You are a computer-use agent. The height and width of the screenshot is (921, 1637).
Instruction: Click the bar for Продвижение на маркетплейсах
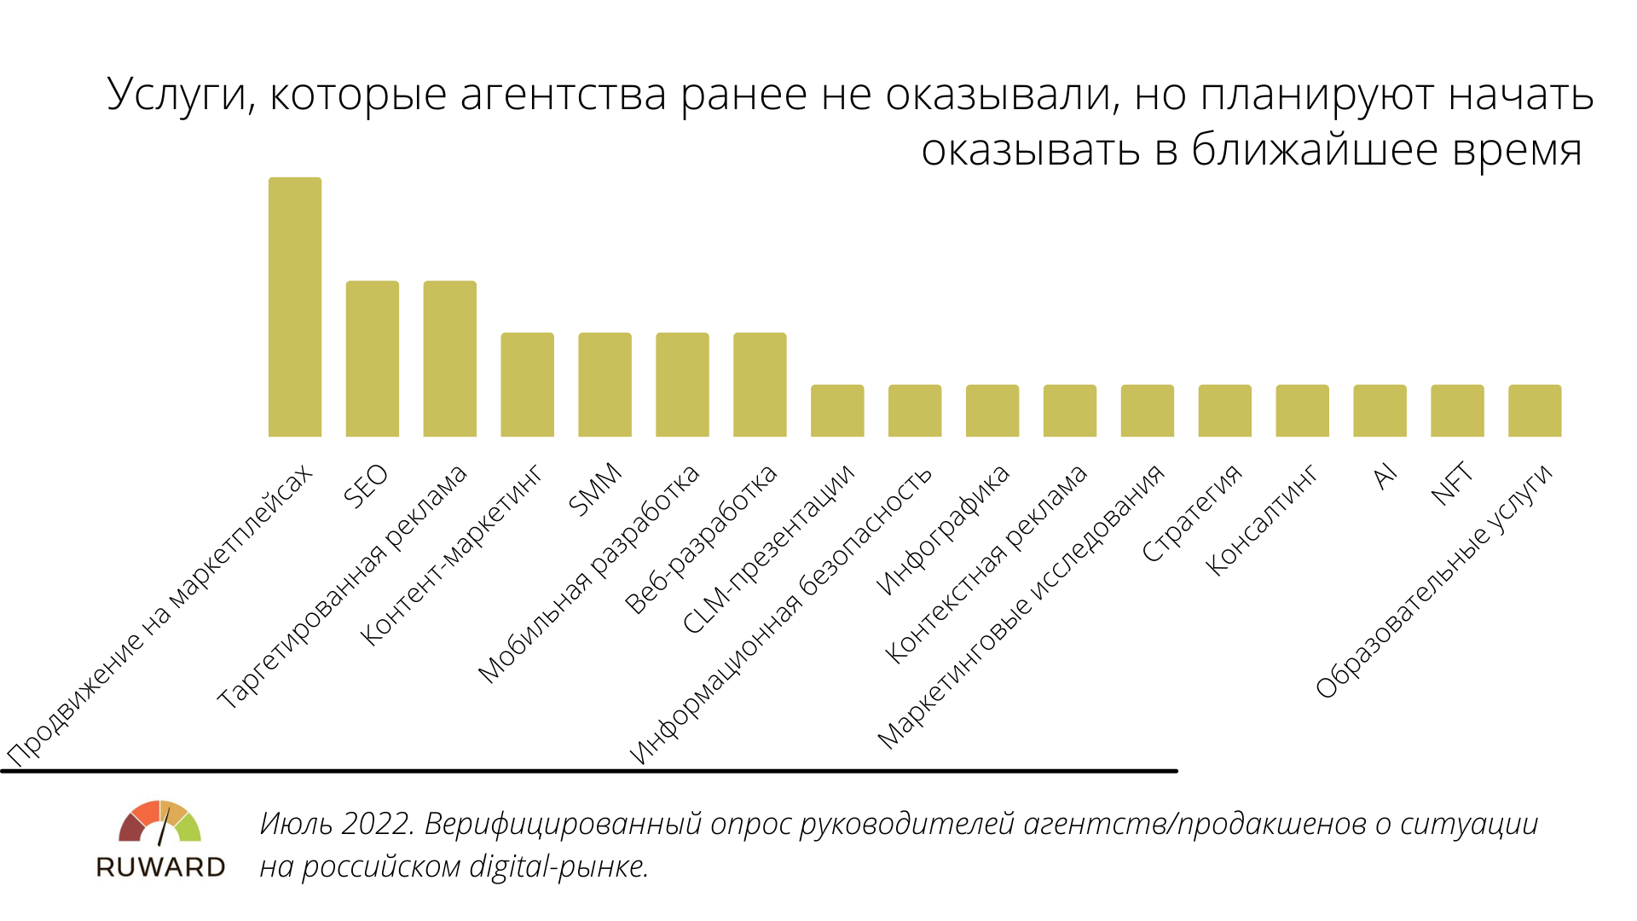295,307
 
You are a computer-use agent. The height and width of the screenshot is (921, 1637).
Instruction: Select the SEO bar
372,359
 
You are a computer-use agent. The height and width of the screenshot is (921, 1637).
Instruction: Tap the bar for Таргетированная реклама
449,359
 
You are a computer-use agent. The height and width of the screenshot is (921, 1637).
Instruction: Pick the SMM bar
604,385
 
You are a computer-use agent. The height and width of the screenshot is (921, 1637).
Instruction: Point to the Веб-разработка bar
760,385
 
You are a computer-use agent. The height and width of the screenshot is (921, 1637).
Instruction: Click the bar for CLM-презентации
837,411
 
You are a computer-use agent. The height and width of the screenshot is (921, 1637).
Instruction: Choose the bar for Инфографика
992,411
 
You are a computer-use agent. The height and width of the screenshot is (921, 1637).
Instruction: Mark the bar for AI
1380,411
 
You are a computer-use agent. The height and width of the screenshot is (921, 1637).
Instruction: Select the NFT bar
1457,411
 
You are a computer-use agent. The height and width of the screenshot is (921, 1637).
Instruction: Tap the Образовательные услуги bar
1535,411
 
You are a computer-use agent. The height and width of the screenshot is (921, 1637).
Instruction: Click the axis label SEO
366,486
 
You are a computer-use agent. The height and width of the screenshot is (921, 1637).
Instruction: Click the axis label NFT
1452,484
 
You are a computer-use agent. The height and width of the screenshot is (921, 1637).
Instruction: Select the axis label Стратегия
1192,513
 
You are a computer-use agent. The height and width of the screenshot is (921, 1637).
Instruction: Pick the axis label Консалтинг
1262,520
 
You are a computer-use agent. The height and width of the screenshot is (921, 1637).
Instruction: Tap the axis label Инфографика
943,530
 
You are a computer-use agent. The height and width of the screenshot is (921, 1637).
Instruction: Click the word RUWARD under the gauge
160,867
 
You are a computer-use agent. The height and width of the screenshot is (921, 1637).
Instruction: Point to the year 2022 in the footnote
377,824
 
